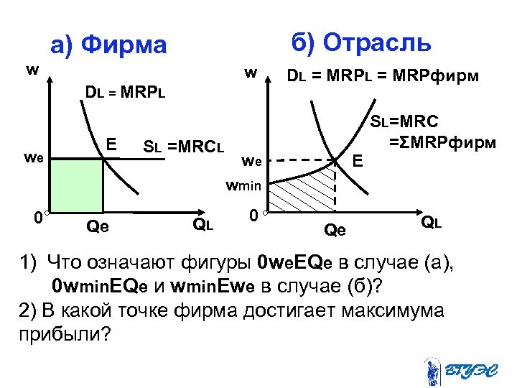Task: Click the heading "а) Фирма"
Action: pyautogui.click(x=108, y=45)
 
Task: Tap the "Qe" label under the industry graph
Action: pyautogui.click(x=335, y=230)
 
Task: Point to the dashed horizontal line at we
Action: pyautogui.click(x=302, y=160)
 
